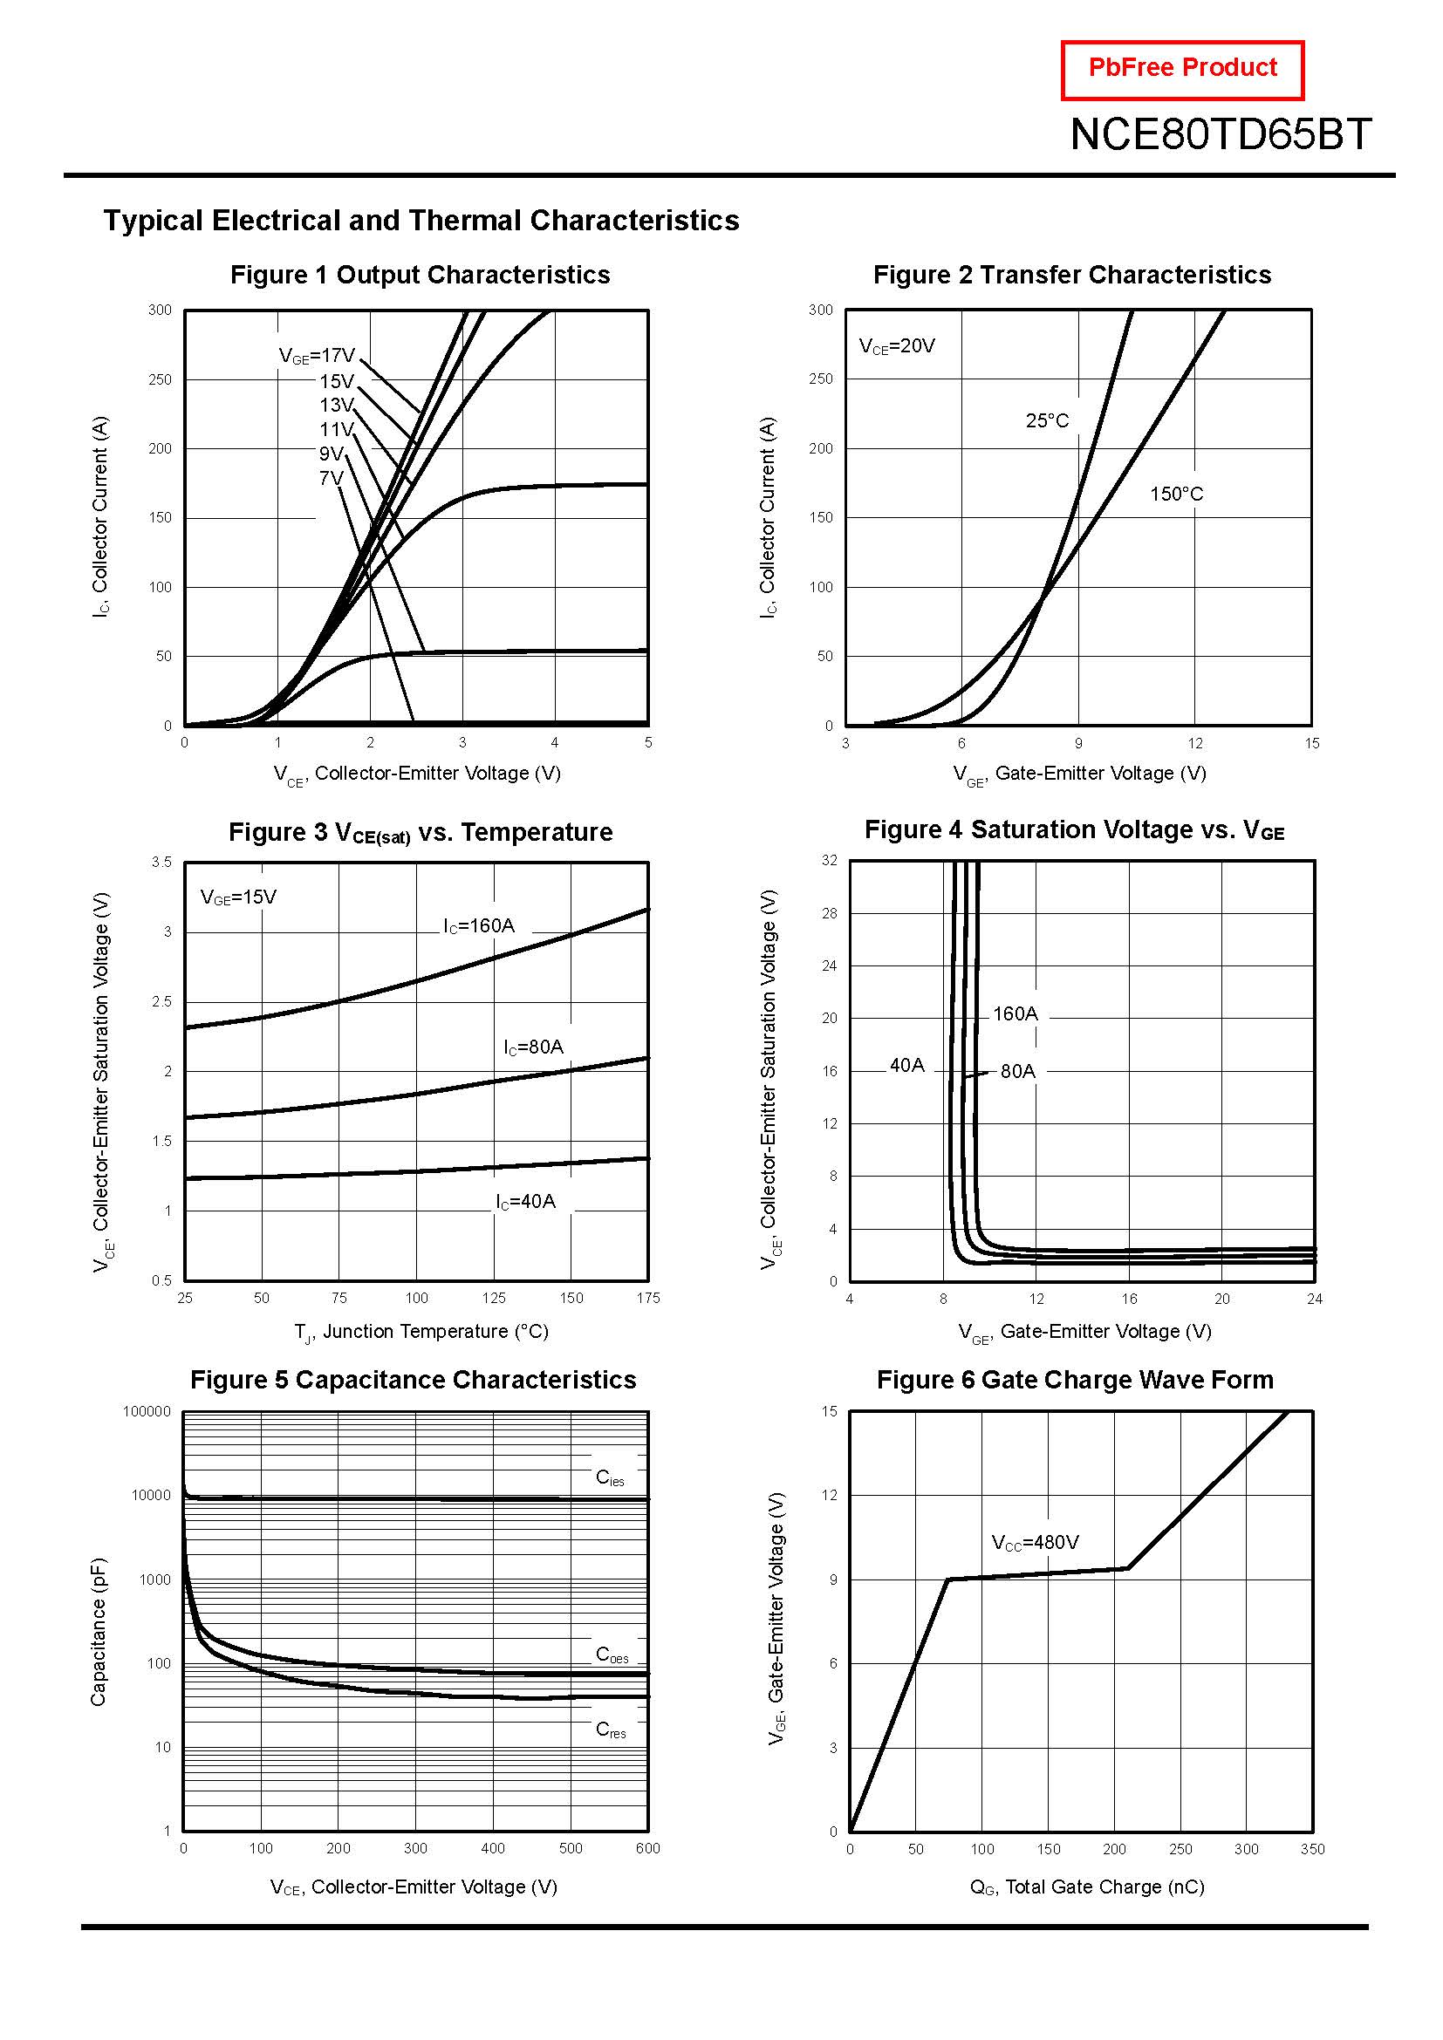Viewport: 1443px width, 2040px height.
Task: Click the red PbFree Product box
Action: coord(1182,69)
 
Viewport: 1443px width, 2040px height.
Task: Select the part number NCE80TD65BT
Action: coord(1220,135)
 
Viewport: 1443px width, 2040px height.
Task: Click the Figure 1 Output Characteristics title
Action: coord(420,275)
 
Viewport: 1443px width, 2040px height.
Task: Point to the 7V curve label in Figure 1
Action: coord(331,479)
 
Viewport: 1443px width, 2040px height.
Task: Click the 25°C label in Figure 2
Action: coord(1047,420)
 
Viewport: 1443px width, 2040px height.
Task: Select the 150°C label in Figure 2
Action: coord(1175,494)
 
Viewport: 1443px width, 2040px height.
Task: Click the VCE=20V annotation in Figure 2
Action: coord(897,346)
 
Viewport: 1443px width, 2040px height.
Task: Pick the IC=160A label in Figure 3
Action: coord(479,926)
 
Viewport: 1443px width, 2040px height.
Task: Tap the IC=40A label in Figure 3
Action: coord(525,1202)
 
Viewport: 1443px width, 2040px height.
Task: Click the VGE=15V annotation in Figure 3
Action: coord(238,897)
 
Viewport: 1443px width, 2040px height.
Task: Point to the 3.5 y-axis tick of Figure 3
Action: coord(161,862)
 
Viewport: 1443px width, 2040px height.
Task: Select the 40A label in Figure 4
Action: coord(906,1064)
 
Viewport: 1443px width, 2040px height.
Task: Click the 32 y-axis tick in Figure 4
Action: coord(829,860)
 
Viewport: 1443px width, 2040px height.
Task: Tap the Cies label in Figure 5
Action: coord(610,1477)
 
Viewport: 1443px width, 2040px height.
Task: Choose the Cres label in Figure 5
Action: coord(611,1730)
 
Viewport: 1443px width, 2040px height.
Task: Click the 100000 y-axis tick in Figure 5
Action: coord(147,1411)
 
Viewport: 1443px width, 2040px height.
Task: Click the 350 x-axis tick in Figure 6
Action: coord(1311,1849)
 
